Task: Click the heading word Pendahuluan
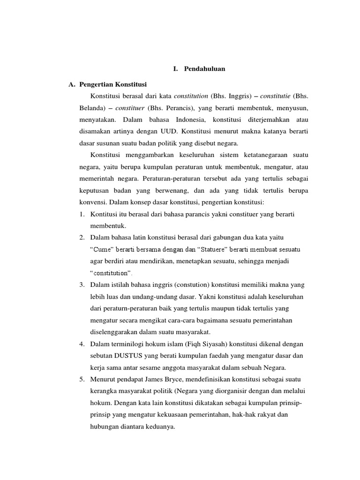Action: [204, 69]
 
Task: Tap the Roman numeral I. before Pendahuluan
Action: [176, 69]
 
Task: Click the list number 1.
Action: [81, 214]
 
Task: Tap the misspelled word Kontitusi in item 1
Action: [105, 214]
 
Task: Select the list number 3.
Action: [81, 285]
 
